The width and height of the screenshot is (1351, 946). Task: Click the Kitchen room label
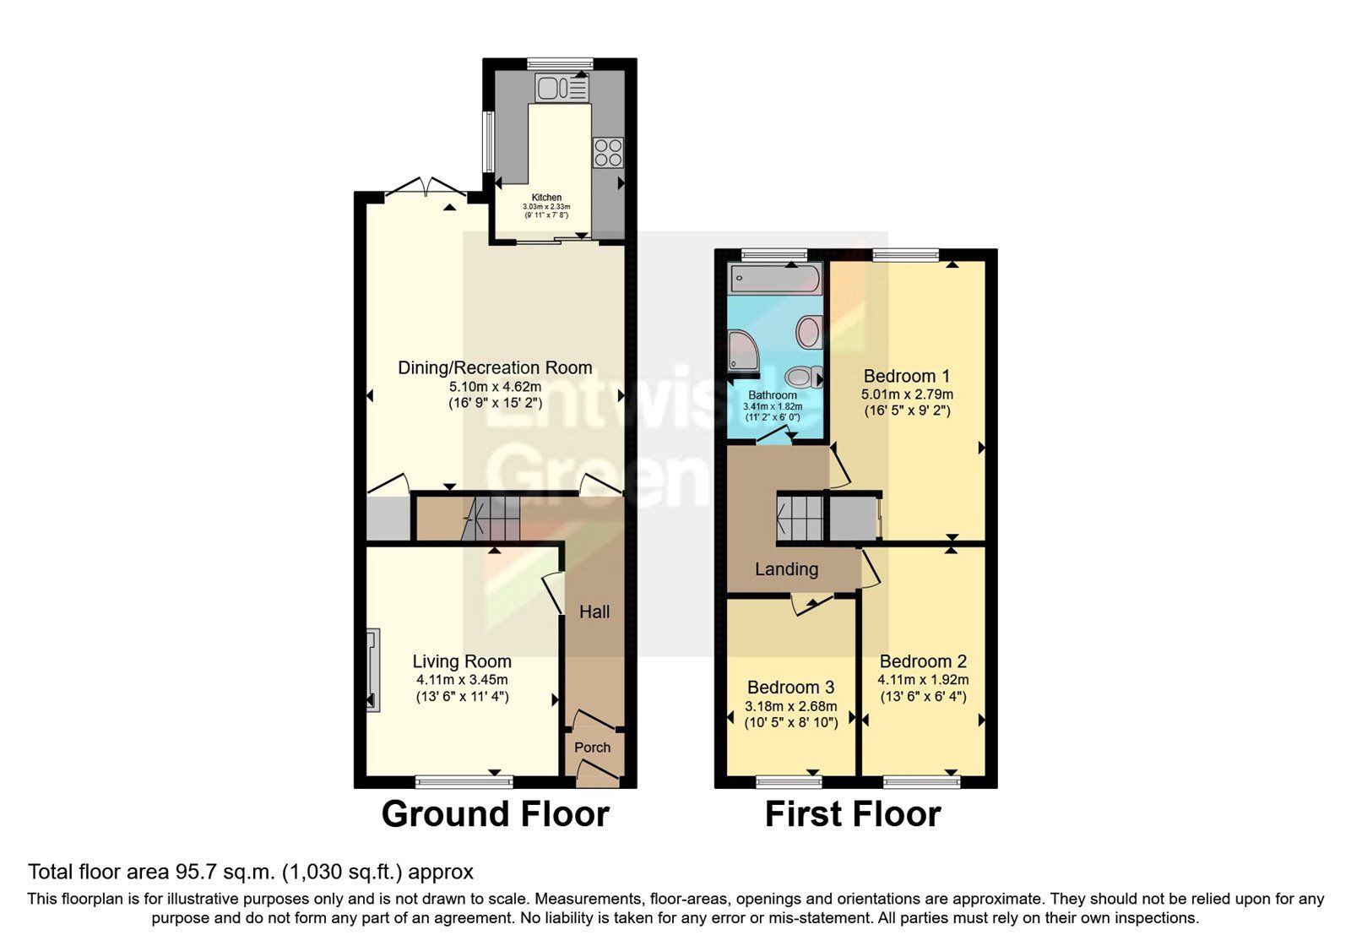(x=546, y=198)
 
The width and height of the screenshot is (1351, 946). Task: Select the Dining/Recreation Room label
(x=495, y=367)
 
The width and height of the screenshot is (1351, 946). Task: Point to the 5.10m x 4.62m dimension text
(x=495, y=387)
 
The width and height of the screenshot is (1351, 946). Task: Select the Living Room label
(x=462, y=661)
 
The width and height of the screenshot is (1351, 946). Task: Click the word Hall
(x=594, y=612)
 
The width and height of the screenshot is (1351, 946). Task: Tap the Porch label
(x=592, y=748)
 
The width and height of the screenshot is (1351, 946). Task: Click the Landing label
(x=786, y=569)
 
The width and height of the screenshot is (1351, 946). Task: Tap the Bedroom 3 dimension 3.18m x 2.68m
(x=791, y=706)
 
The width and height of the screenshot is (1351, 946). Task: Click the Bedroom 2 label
(x=923, y=661)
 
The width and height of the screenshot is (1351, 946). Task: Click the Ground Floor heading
(x=495, y=814)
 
